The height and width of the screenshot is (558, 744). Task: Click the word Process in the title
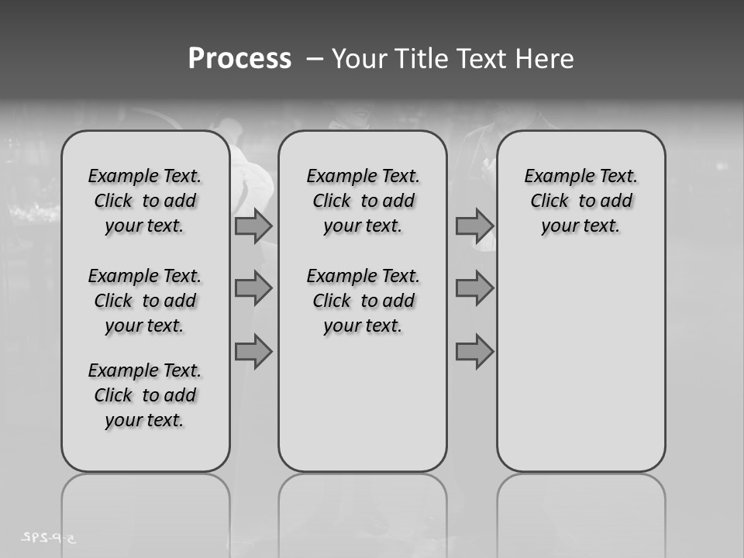pyautogui.click(x=239, y=59)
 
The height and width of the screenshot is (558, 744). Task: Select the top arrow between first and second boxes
pyautogui.click(x=253, y=226)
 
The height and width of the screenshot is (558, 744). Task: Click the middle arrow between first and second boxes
pyautogui.click(x=253, y=288)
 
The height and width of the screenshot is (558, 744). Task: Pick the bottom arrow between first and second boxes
pyautogui.click(x=253, y=352)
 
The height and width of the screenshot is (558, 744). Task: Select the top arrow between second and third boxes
pyautogui.click(x=474, y=226)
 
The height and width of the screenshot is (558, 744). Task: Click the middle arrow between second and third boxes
pyautogui.click(x=474, y=288)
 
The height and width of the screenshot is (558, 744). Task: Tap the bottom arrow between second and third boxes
pyautogui.click(x=474, y=352)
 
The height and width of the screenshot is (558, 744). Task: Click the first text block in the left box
pyautogui.click(x=145, y=201)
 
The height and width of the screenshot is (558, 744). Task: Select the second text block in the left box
pyautogui.click(x=145, y=301)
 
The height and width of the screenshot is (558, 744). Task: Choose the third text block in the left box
pyautogui.click(x=145, y=395)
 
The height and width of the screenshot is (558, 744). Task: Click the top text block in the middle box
pyautogui.click(x=363, y=201)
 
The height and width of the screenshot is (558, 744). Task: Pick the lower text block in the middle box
pyautogui.click(x=363, y=301)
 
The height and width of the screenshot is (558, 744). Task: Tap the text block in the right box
pyautogui.click(x=580, y=201)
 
